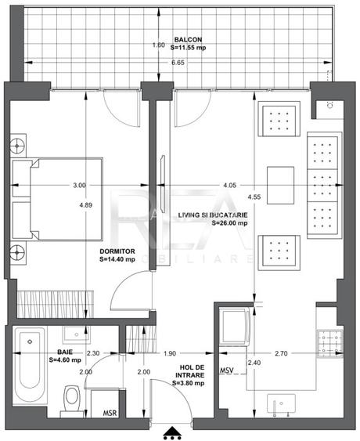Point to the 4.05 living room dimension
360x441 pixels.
click(x=229, y=186)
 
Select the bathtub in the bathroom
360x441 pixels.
click(x=29, y=368)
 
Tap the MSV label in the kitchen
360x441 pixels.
click(x=227, y=369)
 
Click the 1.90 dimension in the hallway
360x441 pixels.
click(x=171, y=354)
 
